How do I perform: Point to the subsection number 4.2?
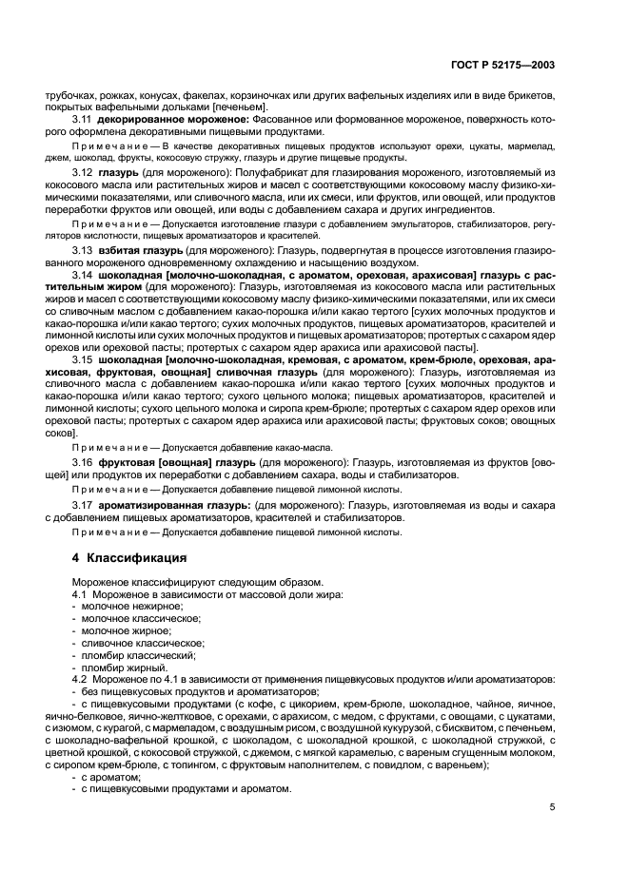82,680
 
